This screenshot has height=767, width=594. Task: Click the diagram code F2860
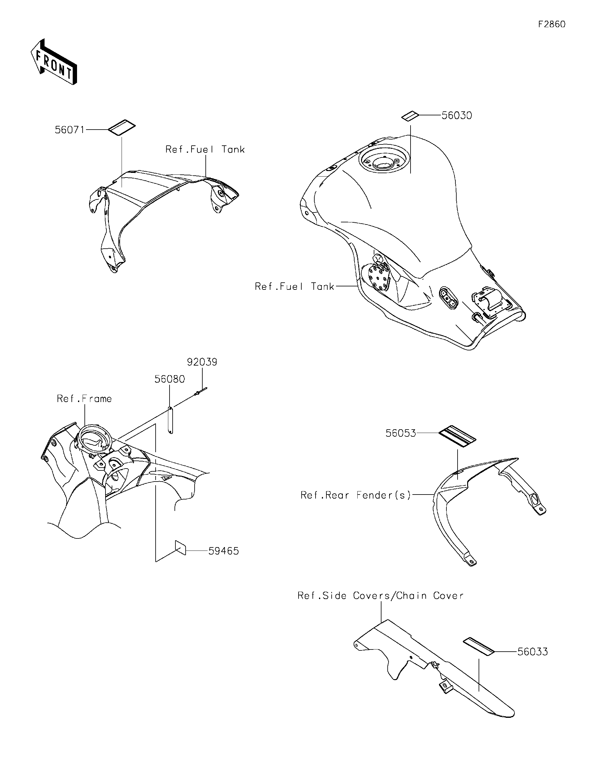coord(552,24)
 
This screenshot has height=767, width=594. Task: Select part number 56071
coord(70,130)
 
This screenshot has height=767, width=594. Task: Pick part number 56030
coord(456,116)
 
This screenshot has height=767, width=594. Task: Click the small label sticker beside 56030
coord(410,116)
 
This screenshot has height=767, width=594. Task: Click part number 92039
coord(202,362)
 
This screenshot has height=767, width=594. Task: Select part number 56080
coord(170,379)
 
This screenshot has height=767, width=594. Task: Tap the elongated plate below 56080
coord(171,420)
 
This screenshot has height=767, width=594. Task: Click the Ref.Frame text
coord(84,399)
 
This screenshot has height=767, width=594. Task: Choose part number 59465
coord(223,551)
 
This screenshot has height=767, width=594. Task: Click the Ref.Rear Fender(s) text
coord(355,495)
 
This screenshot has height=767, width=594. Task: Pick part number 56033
coord(532,652)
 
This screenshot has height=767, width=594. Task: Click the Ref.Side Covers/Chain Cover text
coord(381,596)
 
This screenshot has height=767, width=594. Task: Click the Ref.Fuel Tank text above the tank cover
coord(205,150)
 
